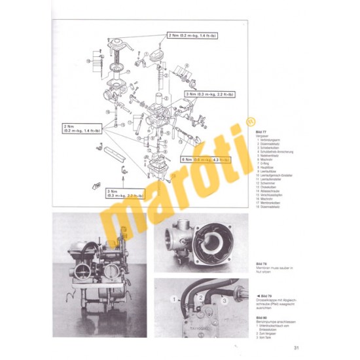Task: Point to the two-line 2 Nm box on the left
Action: click(x=82, y=128)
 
